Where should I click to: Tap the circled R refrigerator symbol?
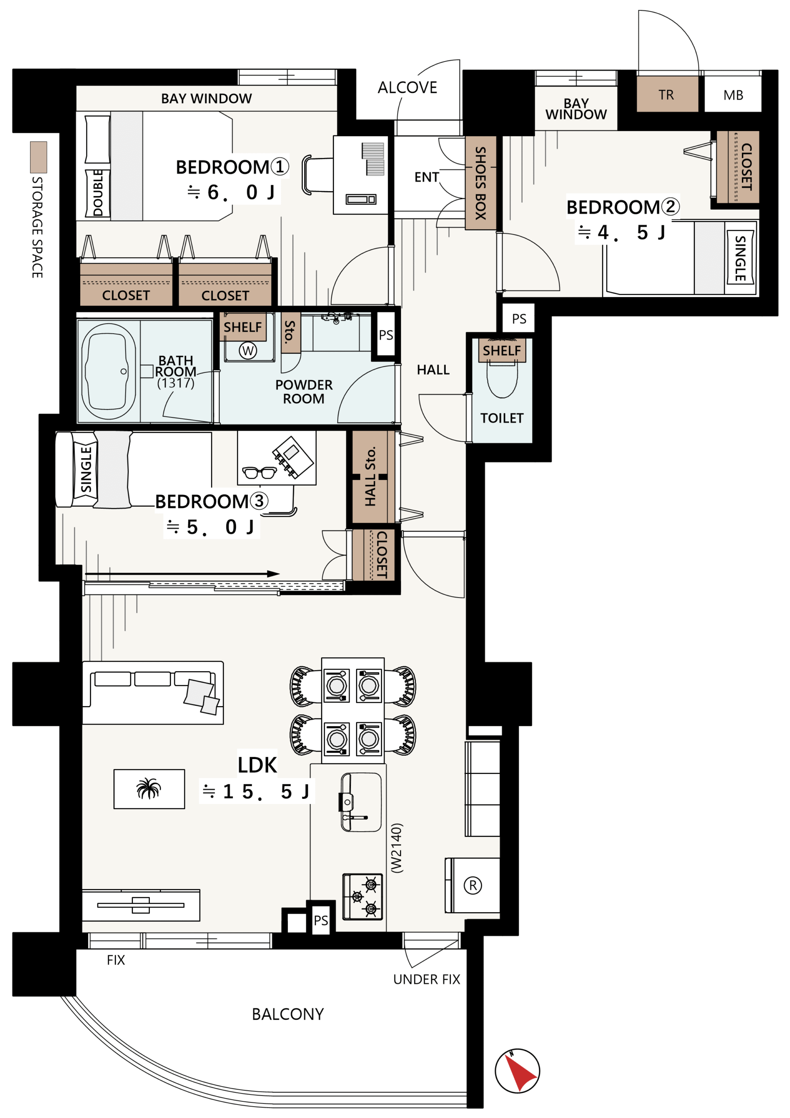pos(472,885)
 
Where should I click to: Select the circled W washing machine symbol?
pos(248,350)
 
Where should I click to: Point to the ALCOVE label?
pos(407,88)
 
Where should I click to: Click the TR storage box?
pos(667,94)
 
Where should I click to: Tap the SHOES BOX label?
pos(481,183)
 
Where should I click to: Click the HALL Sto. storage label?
pos(371,476)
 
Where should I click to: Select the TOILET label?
pos(502,418)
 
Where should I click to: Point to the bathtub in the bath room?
pos(109,371)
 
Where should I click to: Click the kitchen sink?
pos(360,802)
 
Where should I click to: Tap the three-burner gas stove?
pos(363,896)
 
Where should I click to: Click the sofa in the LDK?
pos(153,693)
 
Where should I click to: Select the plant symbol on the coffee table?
pos(149,788)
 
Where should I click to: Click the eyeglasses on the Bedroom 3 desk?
pos(260,473)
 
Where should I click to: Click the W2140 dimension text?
pos(397,848)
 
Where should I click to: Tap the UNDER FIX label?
pos(426,979)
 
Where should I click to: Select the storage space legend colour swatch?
pos(38,157)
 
